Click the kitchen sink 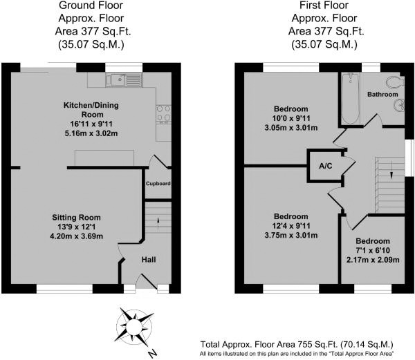click(124, 80)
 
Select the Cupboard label click(158, 183)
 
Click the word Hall click(149, 260)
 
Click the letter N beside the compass click(152, 353)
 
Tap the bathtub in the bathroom click(351, 99)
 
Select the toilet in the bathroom click(396, 82)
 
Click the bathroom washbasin click(399, 105)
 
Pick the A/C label click(325, 166)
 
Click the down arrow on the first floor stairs click(391, 175)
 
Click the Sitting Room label click(76, 218)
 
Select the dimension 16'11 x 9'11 click(91, 124)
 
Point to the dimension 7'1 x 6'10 click(373, 250)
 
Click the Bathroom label click(382, 95)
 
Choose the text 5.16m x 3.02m click(91, 133)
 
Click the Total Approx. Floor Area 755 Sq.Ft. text click(269, 344)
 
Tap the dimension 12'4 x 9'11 click(291, 226)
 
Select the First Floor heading click(324, 5)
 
